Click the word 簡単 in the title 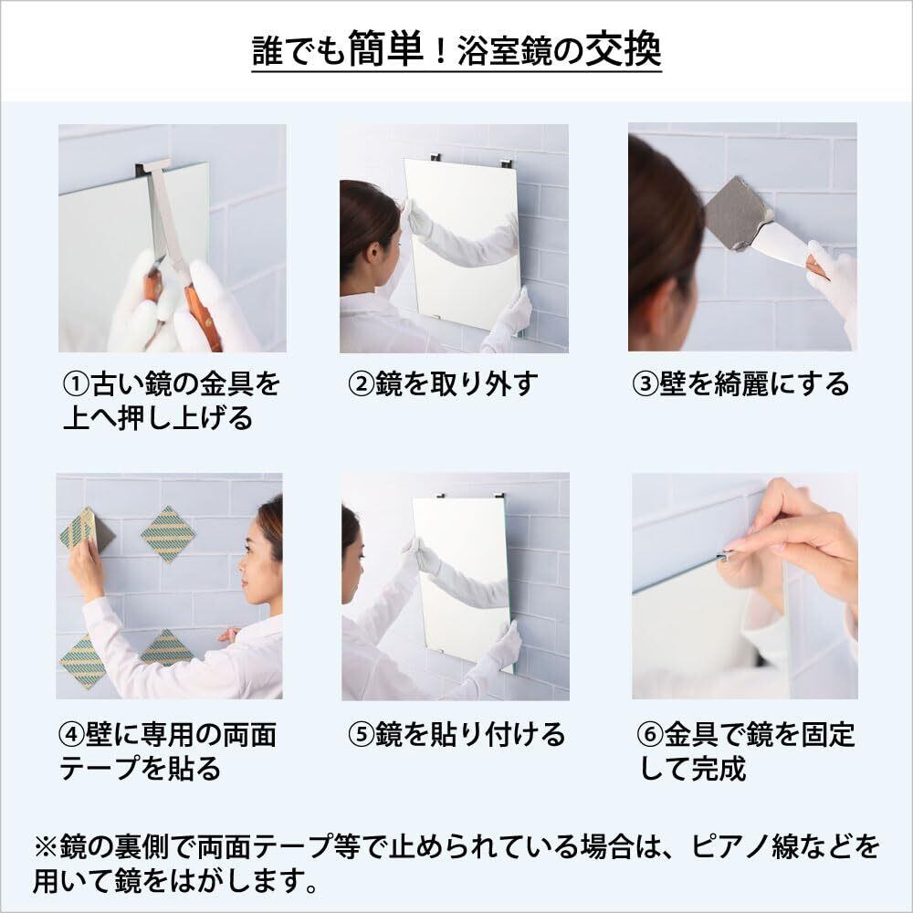click(x=385, y=49)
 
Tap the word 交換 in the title click(x=623, y=49)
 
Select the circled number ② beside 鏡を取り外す click(x=361, y=384)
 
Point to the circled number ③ click(x=645, y=384)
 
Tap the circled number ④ click(x=72, y=734)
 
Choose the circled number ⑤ click(x=361, y=734)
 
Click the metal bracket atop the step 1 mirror click(x=152, y=169)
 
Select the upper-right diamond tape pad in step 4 click(x=168, y=534)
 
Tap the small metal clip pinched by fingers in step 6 click(x=728, y=556)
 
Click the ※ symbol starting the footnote click(x=46, y=846)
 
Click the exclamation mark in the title click(x=440, y=51)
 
